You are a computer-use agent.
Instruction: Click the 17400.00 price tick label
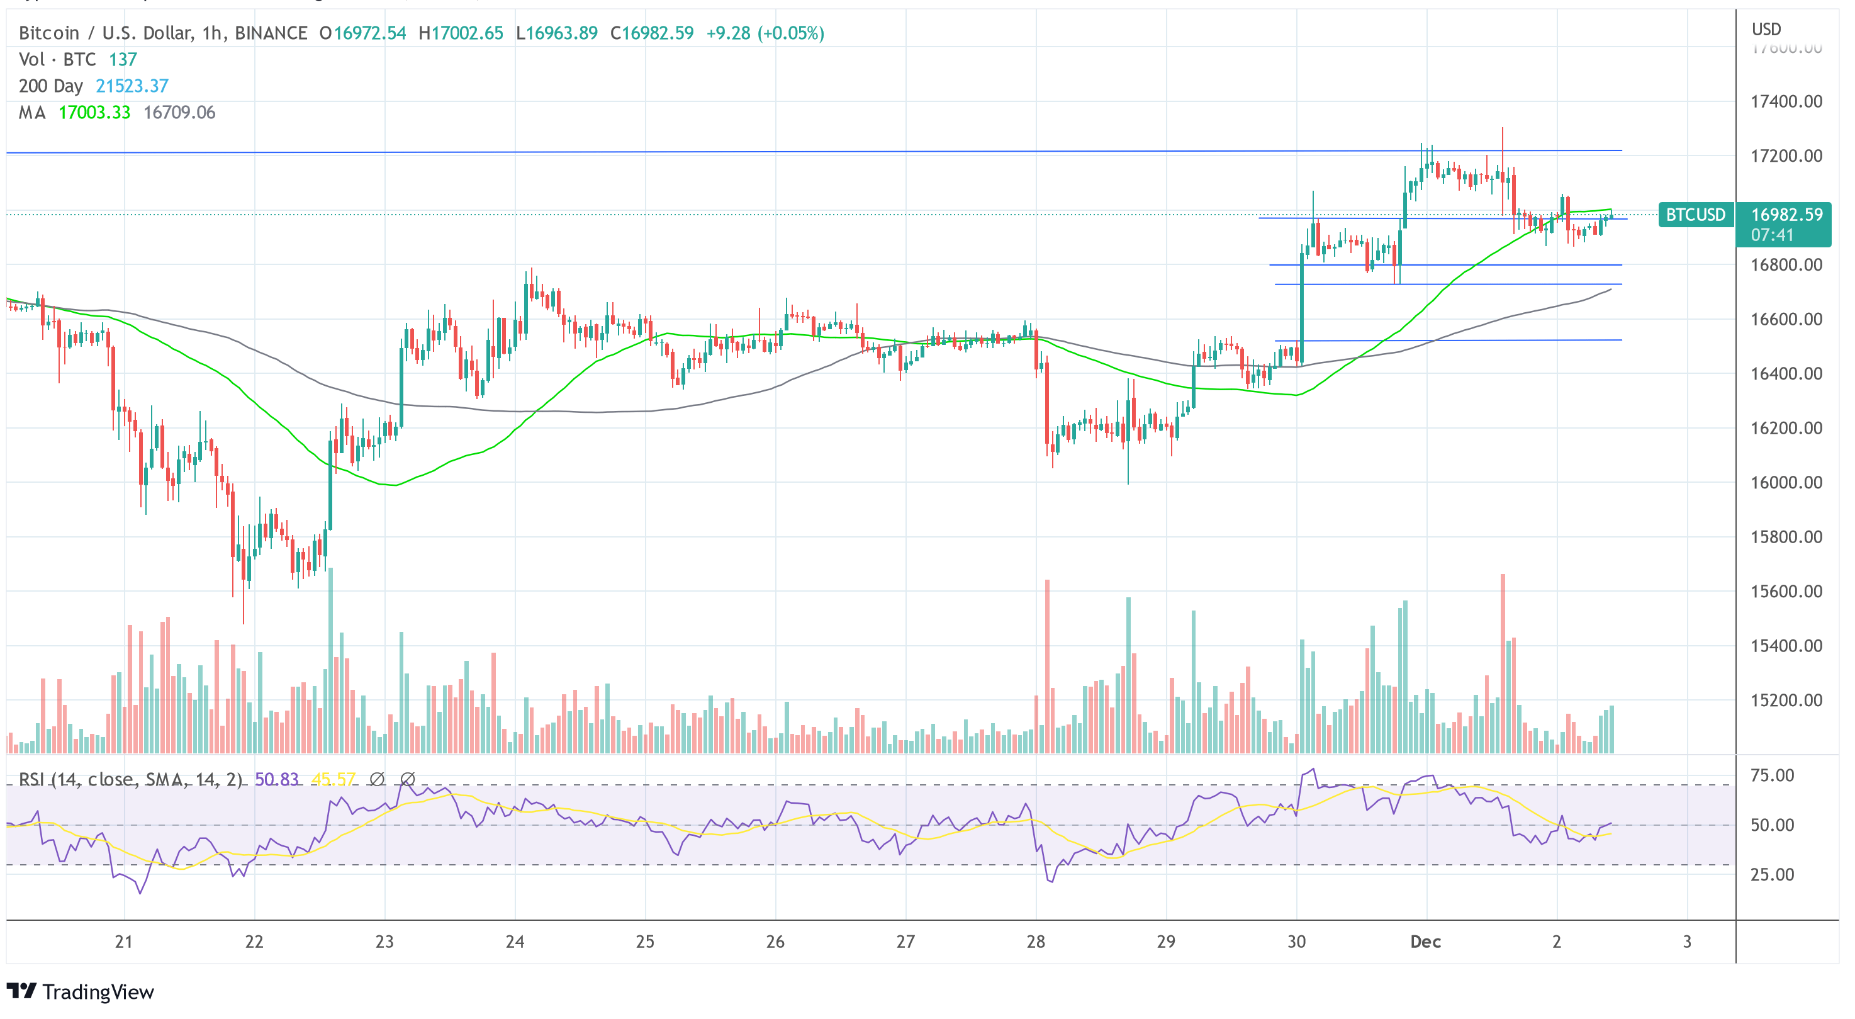[1786, 101]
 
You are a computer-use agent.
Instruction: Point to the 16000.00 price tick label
[1786, 483]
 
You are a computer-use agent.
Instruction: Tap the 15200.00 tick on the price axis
[1786, 701]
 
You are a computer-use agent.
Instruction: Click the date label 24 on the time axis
[515, 941]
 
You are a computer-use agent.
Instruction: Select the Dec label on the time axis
[1425, 941]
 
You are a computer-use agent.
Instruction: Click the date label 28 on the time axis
[1036, 941]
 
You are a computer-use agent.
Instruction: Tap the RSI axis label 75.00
[1772, 775]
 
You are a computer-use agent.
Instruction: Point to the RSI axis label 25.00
[1772, 875]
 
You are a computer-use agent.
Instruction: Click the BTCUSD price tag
[1695, 215]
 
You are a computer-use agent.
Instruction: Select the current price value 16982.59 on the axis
[1786, 215]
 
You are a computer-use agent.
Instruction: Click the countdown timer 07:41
[1772, 235]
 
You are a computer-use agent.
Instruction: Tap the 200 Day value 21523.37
[132, 86]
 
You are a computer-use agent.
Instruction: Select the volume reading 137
[123, 60]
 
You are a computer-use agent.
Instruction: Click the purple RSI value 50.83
[276, 779]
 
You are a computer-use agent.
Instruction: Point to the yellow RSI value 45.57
[333, 779]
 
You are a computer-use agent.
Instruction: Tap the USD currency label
[1766, 30]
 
